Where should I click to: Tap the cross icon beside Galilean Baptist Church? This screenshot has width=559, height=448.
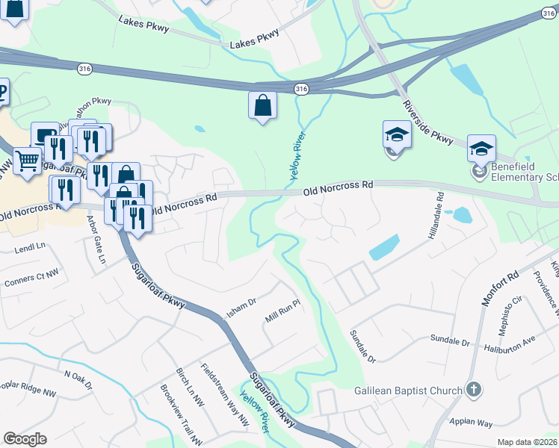[472, 390]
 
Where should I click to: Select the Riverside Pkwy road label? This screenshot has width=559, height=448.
[428, 123]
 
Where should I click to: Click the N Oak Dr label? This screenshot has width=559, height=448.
[78, 381]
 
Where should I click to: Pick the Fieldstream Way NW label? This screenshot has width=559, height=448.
[224, 395]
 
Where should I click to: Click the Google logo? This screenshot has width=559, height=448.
[25, 439]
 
